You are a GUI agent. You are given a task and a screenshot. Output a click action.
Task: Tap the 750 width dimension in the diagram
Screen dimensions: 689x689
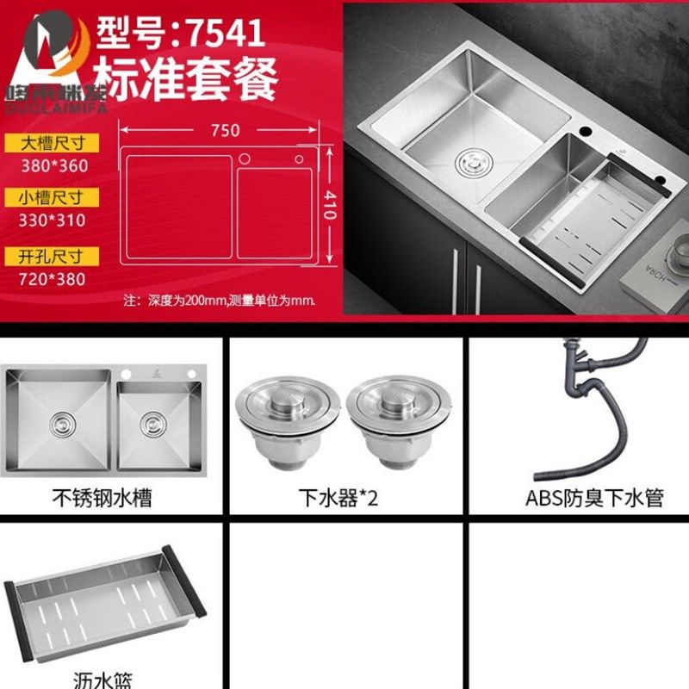(x=223, y=130)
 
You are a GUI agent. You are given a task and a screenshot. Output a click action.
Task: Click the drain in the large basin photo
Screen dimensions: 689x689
(x=469, y=161)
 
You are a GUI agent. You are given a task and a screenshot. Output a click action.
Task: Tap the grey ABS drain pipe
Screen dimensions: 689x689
(x=594, y=405)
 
